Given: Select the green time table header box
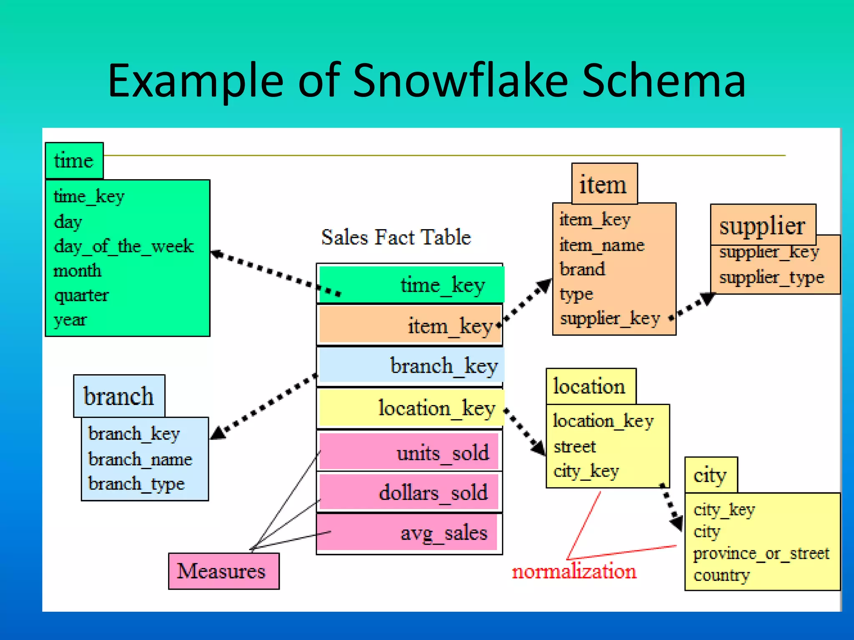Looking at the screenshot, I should coord(74,161).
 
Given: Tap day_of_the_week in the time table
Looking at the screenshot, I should coord(124,246).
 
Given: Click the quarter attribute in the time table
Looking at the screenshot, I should coord(82,295).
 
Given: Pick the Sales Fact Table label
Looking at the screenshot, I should coord(396,237).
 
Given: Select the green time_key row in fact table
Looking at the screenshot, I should coord(411,285).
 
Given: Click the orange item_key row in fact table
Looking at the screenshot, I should coord(411,325).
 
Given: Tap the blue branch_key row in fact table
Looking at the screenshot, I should coord(411,365).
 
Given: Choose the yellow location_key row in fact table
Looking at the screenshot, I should coord(411,407).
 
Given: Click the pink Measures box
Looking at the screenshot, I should coord(224,571).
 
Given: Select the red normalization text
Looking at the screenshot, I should coord(574,571).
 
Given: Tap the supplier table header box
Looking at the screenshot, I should coord(763,225).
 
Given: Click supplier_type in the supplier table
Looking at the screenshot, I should coord(772,277).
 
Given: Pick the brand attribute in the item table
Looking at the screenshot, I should coord(582,269).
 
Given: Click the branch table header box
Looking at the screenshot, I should coord(119,396).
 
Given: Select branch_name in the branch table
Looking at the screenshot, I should coord(141,459).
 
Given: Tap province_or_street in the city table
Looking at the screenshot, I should coord(761,553).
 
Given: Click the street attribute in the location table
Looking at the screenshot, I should coord(575,446).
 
